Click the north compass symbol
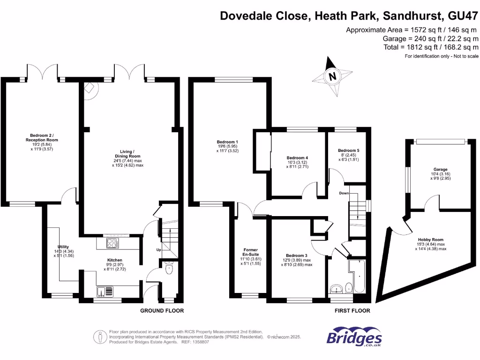pyautogui.click(x=333, y=76)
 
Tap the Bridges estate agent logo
pyautogui.click(x=354, y=337)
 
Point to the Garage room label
pyautogui.click(x=440, y=169)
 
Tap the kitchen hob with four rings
pyautogui.click(x=113, y=243)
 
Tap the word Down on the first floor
pyautogui.click(x=345, y=193)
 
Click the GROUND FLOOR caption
pyautogui.click(x=162, y=311)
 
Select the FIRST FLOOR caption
pyautogui.click(x=352, y=311)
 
